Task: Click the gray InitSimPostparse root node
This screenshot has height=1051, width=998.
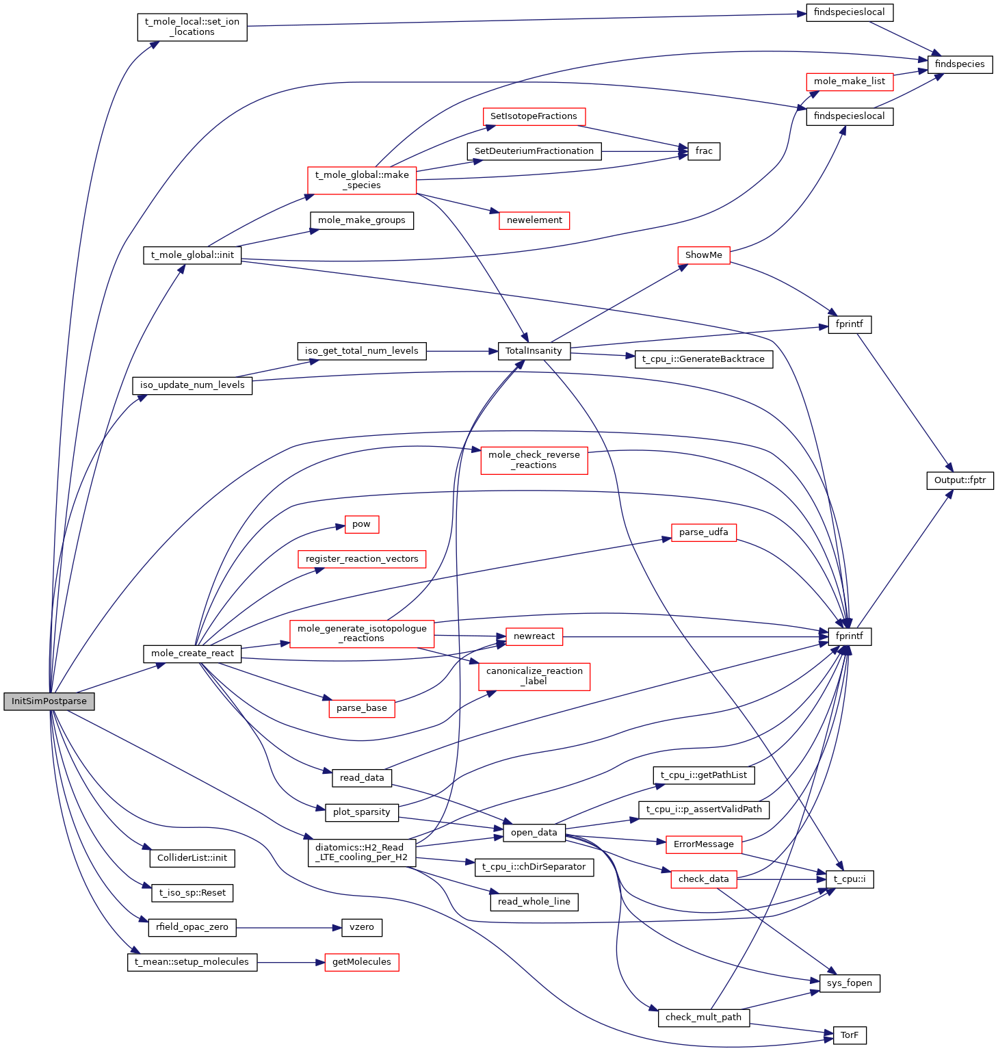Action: click(49, 701)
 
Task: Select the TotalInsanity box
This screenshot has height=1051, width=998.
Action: click(534, 351)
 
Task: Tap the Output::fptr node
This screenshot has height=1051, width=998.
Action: click(960, 480)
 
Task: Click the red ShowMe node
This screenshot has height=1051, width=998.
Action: click(703, 255)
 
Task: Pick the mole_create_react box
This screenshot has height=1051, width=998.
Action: click(192, 653)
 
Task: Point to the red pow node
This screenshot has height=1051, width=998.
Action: click(361, 524)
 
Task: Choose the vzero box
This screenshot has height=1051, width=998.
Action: click(362, 927)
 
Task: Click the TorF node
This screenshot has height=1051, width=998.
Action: click(850, 1035)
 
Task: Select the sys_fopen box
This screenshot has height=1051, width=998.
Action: click(850, 983)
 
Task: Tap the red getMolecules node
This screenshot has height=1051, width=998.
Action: click(361, 962)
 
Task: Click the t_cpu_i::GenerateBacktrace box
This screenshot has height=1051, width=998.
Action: click(704, 359)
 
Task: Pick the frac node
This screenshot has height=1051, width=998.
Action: click(704, 151)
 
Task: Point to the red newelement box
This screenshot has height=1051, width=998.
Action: click(534, 220)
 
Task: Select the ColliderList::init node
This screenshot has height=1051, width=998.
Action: click(192, 858)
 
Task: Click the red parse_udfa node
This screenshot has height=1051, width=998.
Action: click(703, 532)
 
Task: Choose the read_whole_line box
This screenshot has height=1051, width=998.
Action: click(534, 902)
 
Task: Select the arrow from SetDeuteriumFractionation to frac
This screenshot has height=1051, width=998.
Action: click(640, 151)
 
